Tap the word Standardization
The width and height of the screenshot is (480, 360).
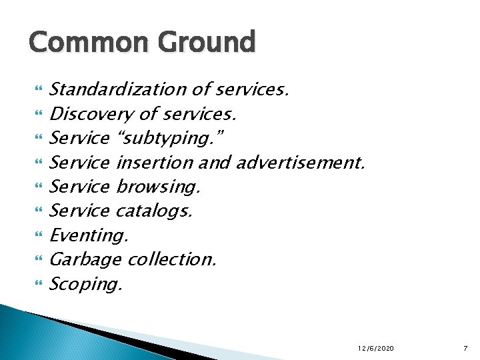(x=117, y=89)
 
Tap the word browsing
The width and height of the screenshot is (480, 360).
(x=158, y=187)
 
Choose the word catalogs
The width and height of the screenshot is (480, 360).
(x=154, y=211)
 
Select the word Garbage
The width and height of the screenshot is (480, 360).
(x=85, y=259)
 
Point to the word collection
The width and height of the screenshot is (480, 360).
(x=172, y=259)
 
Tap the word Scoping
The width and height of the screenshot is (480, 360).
(x=86, y=284)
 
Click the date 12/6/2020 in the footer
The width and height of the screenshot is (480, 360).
(x=375, y=349)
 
